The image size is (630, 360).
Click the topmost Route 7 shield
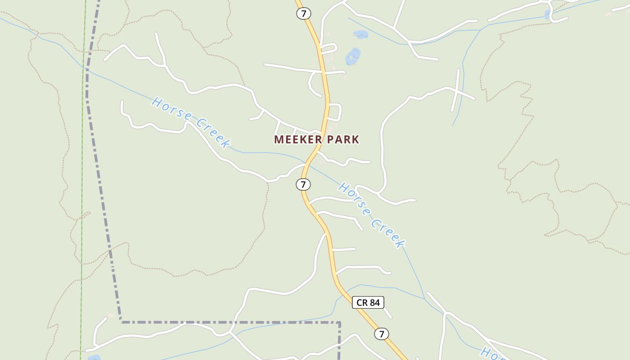pyautogui.click(x=304, y=13)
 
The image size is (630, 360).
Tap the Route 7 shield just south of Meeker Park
pyautogui.click(x=303, y=184)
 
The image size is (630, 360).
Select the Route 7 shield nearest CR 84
pyautogui.click(x=381, y=334)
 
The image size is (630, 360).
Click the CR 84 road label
pyautogui.click(x=368, y=302)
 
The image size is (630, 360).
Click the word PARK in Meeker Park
pyautogui.click(x=343, y=139)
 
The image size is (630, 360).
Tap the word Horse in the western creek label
pyautogui.click(x=171, y=108)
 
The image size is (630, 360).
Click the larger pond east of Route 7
pyautogui.click(x=353, y=57)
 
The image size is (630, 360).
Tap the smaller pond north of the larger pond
pyautogui.click(x=360, y=34)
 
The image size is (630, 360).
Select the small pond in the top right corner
pyautogui.click(x=547, y=15)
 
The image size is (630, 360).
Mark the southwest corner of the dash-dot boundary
pyautogui.click(x=121, y=321)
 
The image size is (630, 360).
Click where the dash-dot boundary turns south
pyautogui.click(x=339, y=323)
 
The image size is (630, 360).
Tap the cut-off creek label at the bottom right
pyautogui.click(x=493, y=354)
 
